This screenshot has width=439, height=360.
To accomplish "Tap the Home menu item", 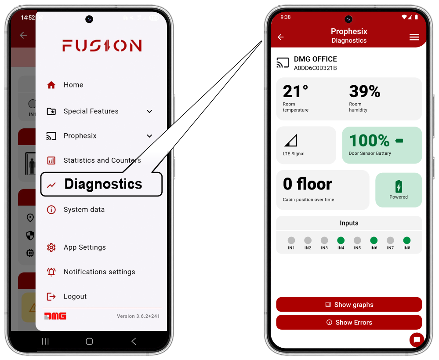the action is tap(65, 85).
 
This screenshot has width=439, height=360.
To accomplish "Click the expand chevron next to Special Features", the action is tap(149, 112).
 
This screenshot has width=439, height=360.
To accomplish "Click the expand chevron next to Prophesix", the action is tap(149, 136).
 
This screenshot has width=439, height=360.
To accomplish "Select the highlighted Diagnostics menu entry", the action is tap(102, 184).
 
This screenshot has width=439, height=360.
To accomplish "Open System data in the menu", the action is tap(76, 210).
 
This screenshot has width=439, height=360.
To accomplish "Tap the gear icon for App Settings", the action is tap(51, 247).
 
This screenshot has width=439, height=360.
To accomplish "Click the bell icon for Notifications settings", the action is tap(51, 272).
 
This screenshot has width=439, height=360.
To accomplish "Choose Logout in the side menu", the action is tap(67, 296).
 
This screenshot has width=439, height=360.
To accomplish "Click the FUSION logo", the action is tap(102, 46).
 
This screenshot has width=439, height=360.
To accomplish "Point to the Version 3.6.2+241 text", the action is tap(138, 316).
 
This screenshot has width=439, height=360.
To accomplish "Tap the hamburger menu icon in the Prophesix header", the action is tap(414, 37).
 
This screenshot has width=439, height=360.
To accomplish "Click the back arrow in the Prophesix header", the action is tap(280, 37).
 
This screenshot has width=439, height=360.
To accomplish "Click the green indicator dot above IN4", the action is tap(341, 240).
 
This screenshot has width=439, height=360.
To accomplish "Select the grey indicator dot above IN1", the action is tap(291, 240).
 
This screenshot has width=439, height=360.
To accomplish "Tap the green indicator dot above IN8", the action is tap(407, 240).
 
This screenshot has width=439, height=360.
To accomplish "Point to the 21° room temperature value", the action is tap(295, 91).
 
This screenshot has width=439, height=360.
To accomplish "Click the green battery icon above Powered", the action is tap(399, 186).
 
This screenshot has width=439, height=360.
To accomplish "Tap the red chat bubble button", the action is tap(417, 340).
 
